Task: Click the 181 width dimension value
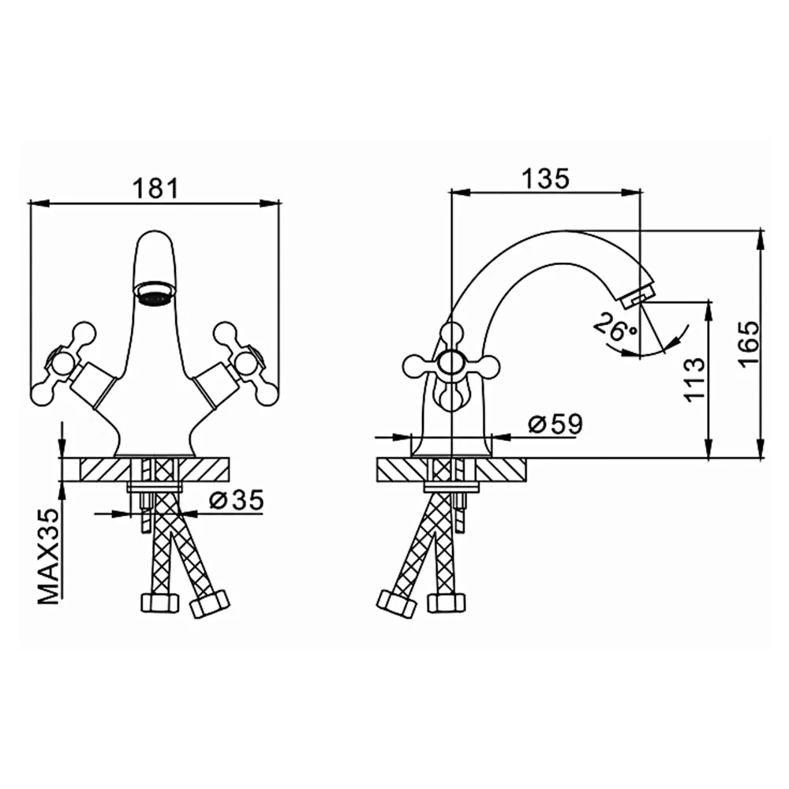click(155, 189)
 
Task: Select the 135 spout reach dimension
click(546, 178)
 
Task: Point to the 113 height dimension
click(695, 379)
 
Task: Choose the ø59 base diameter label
click(555, 424)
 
